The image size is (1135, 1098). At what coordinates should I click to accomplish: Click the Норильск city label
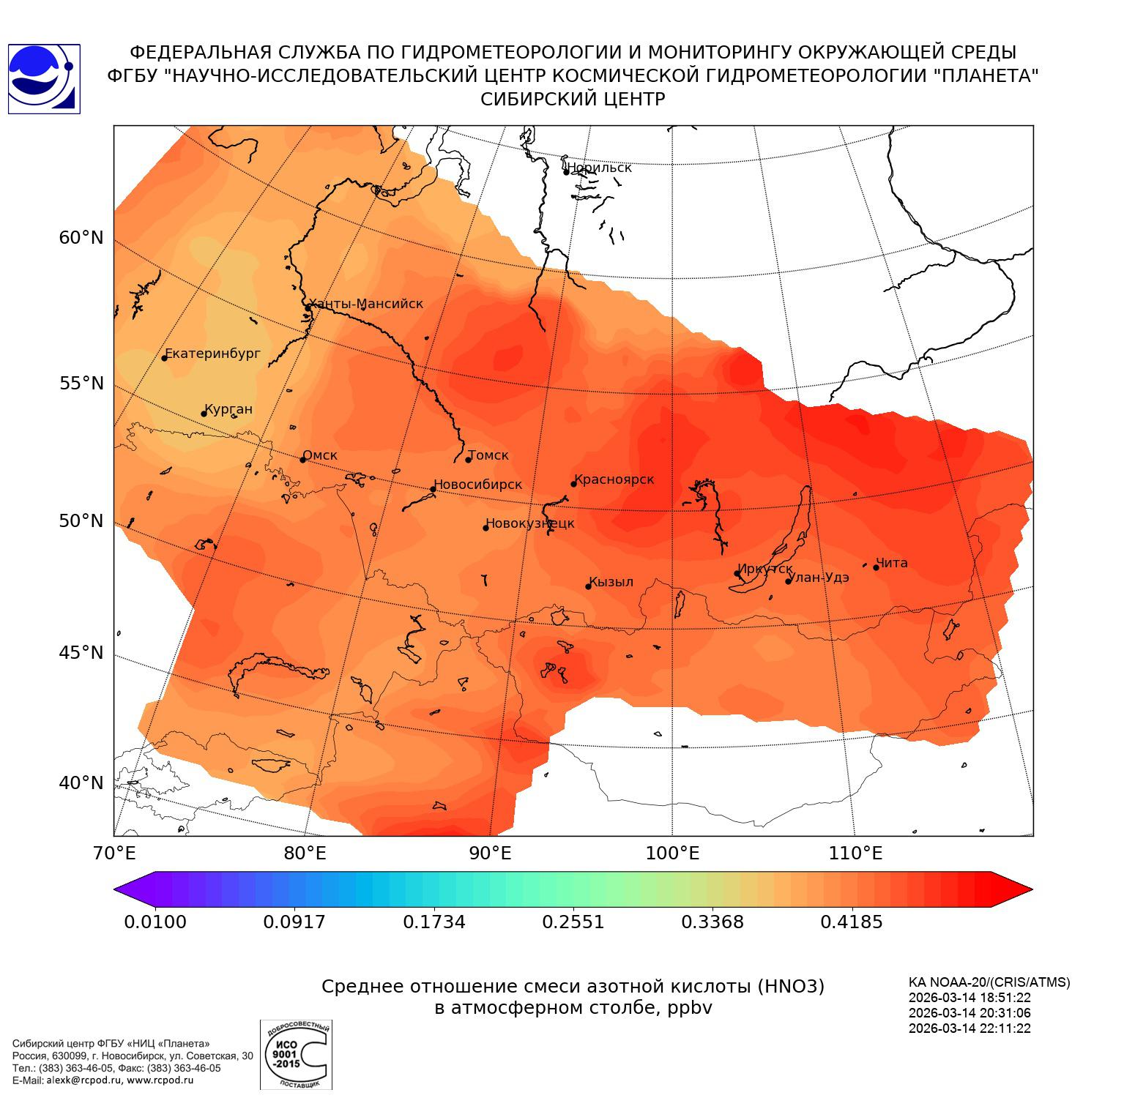click(599, 168)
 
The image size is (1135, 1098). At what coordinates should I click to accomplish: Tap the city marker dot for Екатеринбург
click(165, 357)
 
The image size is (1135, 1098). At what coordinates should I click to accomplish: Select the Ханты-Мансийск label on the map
click(366, 304)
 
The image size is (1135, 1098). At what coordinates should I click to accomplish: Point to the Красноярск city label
click(614, 479)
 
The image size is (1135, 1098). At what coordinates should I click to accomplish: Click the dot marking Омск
click(302, 459)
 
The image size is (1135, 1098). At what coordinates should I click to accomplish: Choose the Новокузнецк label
click(530, 523)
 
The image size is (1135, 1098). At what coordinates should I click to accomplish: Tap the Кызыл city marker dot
click(588, 586)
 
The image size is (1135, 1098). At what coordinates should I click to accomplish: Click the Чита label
click(892, 563)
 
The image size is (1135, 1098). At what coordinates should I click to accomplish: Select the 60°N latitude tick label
click(81, 238)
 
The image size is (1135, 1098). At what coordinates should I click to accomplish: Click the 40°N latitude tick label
click(81, 783)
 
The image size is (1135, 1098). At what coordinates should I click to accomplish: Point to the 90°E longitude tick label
click(490, 853)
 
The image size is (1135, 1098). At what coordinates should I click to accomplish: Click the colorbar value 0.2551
click(573, 922)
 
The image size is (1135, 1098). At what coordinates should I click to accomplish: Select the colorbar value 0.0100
click(155, 922)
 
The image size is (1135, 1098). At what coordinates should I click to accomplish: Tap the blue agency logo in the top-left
click(43, 78)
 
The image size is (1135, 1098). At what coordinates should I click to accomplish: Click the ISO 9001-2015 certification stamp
click(296, 1054)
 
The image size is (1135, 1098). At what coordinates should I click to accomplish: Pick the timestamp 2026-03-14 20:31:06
click(970, 1013)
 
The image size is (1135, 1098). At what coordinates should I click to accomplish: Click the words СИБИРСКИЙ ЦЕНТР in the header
click(573, 100)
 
